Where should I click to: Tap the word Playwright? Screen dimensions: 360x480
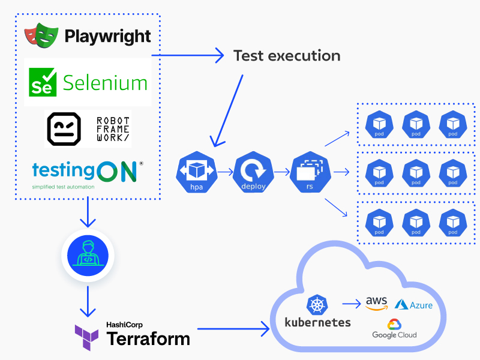coord(108,36)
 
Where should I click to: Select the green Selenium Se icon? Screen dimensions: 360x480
coord(43,82)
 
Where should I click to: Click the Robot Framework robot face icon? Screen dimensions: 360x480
coord(64,128)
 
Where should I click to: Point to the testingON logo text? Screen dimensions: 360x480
coord(84,172)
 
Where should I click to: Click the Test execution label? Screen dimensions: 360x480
coord(287,56)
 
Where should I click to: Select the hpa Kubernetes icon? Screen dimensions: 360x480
coord(195,172)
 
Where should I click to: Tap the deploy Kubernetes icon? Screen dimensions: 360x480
coord(253,172)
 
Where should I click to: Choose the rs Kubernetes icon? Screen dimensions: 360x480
coord(310,172)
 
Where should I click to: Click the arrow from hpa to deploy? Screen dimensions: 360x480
coord(224,172)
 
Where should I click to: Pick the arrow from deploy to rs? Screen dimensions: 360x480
coord(281,172)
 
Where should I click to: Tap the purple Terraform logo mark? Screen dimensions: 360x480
coord(87,337)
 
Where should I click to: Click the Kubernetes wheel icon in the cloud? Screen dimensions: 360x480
coord(316,305)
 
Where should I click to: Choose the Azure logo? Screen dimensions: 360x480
coord(413,305)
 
